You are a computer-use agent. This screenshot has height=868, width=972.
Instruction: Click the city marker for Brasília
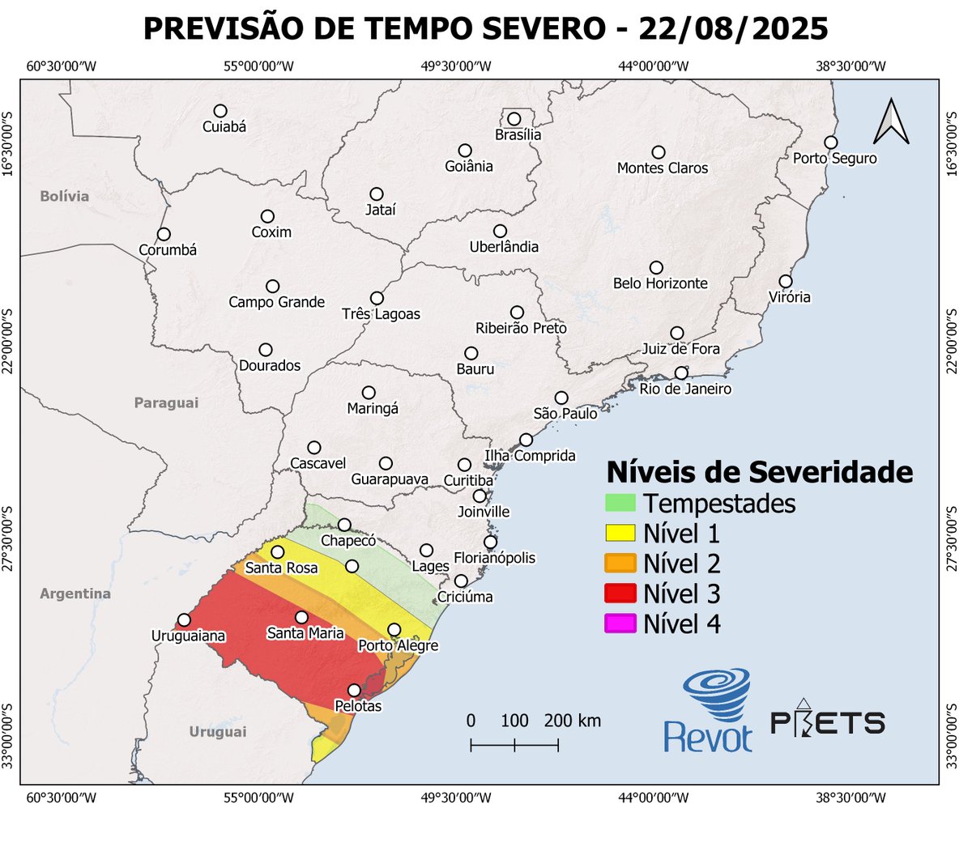click(514, 119)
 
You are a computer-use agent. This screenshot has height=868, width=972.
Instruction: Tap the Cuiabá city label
click(224, 127)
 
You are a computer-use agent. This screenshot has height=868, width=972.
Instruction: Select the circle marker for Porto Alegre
click(394, 629)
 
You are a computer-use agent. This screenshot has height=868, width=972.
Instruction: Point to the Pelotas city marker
click(354, 690)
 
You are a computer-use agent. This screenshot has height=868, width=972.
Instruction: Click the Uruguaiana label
click(188, 636)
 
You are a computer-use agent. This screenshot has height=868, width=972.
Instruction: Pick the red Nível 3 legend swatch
click(620, 594)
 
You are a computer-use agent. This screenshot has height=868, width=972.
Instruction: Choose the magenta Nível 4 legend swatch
click(620, 623)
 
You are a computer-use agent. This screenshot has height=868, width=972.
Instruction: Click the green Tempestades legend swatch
click(620, 503)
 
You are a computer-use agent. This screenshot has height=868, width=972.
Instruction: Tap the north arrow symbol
click(891, 121)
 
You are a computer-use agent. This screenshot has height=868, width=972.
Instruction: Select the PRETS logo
click(827, 719)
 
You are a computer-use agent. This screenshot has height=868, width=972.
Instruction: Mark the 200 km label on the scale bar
click(572, 721)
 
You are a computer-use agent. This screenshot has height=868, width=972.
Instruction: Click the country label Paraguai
click(166, 403)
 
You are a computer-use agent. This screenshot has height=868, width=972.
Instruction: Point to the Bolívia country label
click(64, 196)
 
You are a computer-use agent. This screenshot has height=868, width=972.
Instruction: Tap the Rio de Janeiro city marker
click(681, 373)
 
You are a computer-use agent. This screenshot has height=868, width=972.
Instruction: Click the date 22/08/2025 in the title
click(733, 29)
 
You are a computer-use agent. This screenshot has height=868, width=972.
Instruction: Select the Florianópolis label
click(494, 558)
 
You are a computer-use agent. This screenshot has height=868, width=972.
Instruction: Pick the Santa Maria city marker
click(301, 617)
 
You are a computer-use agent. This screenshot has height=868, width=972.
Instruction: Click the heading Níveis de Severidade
click(759, 471)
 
